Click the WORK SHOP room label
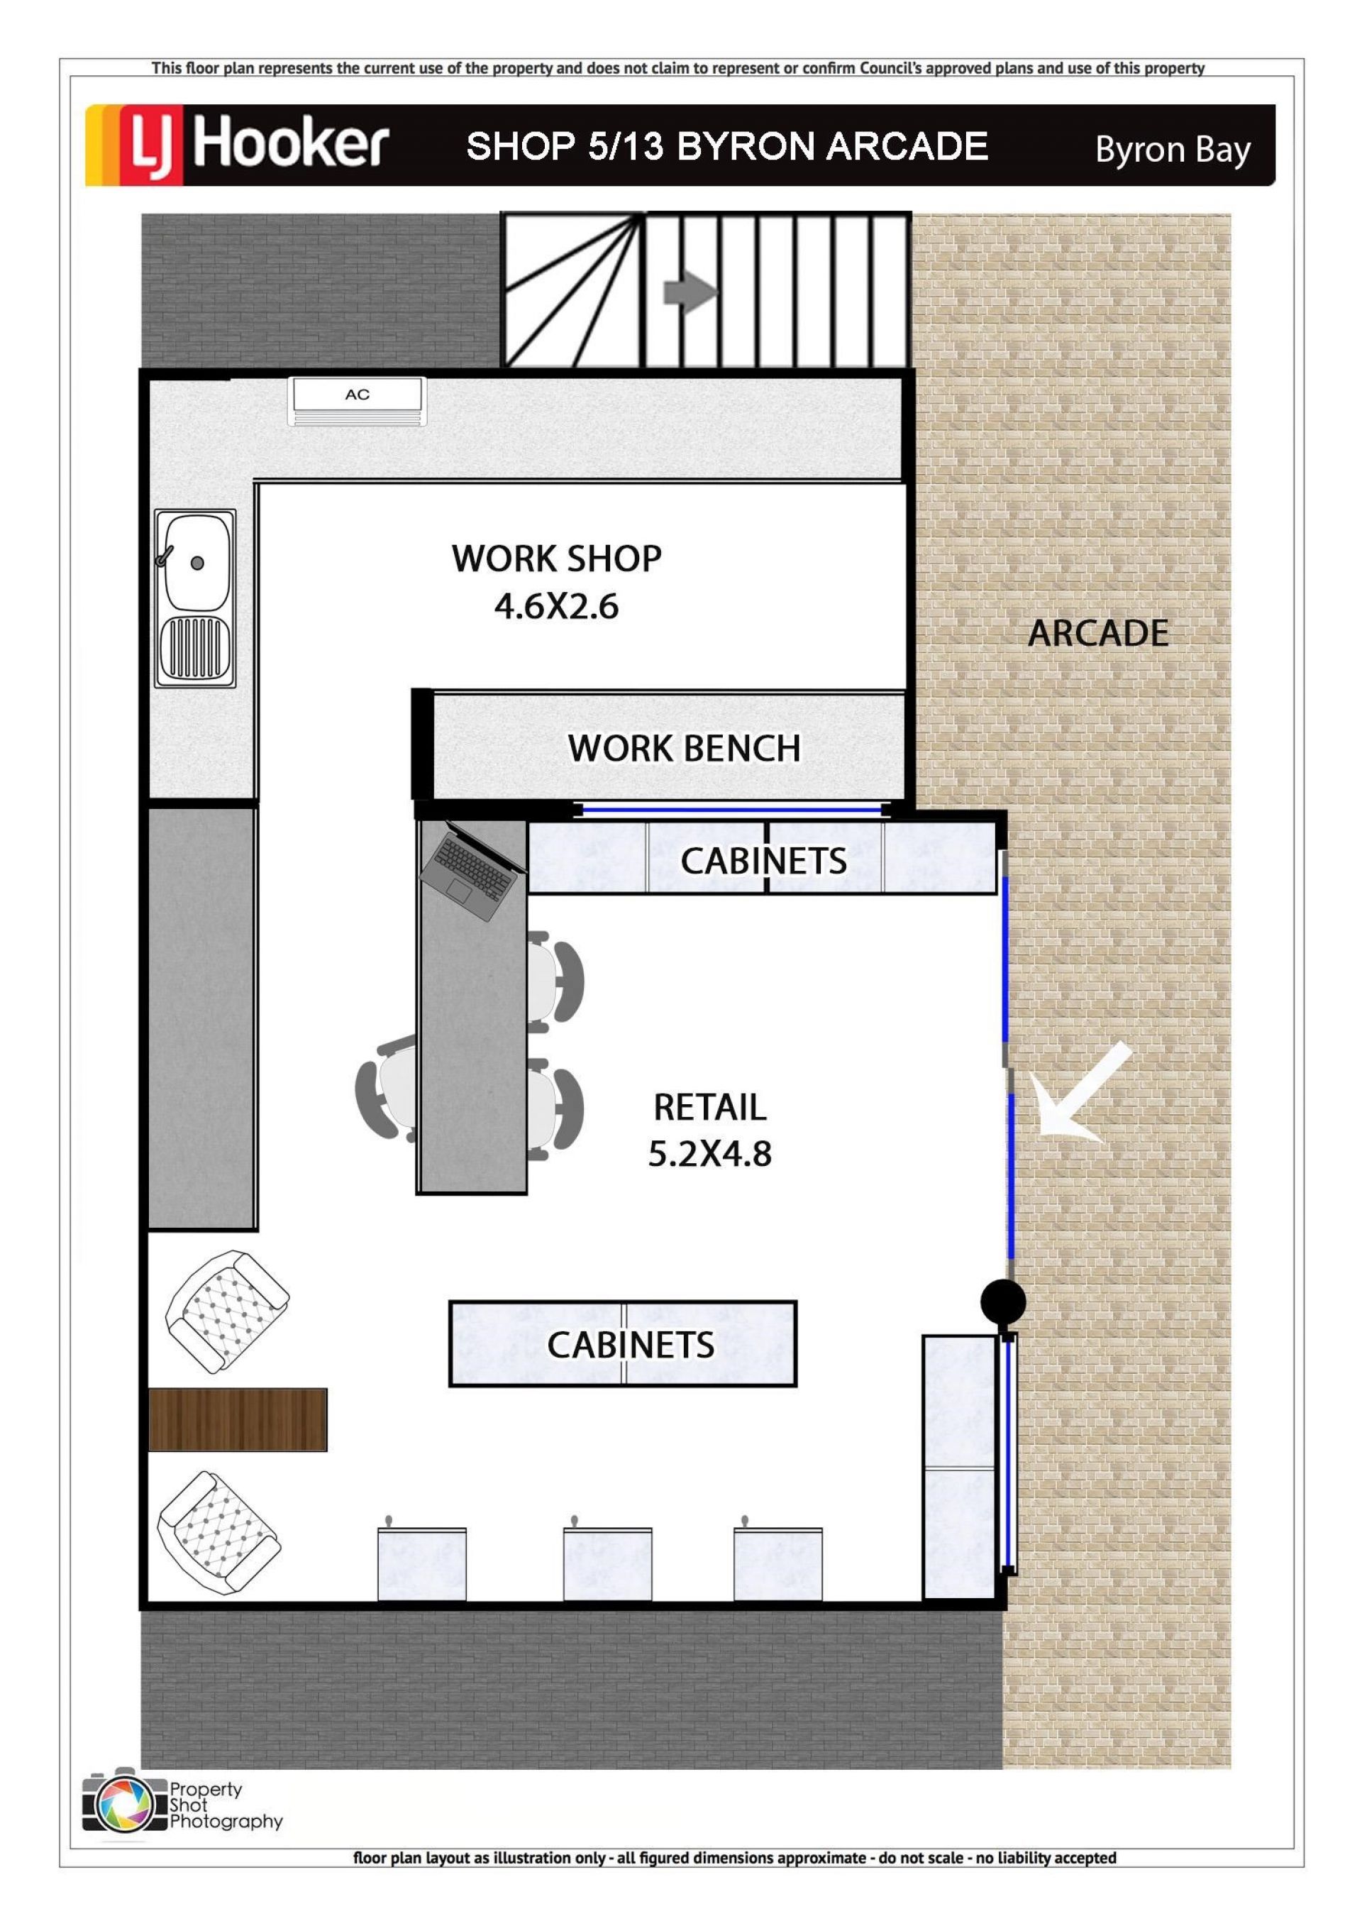click(x=556, y=558)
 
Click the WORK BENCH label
click(x=685, y=748)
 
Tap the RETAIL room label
click(x=709, y=1107)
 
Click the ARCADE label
click(x=1098, y=633)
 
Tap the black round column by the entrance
click(x=1003, y=1302)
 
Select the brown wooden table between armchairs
click(x=238, y=1419)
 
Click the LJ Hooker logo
click(x=238, y=144)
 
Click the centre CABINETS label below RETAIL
click(x=631, y=1345)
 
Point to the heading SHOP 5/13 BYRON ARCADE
click(x=727, y=147)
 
